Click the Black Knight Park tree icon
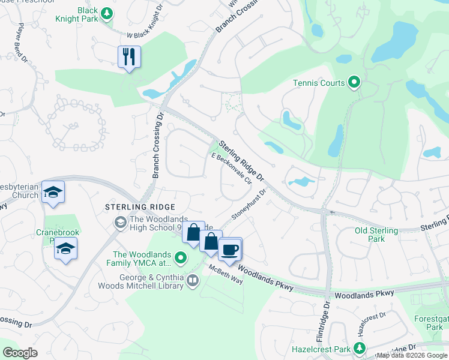pos(106,13)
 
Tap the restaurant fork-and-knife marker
pos(129,57)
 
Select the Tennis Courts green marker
pos(354,83)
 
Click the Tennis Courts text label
pos(319,83)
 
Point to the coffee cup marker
pos(229,249)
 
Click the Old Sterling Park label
pos(376,235)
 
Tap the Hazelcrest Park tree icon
pos(359,348)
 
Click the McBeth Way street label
pos(225,275)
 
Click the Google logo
pos(20,353)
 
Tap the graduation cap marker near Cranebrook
pos(65,248)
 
